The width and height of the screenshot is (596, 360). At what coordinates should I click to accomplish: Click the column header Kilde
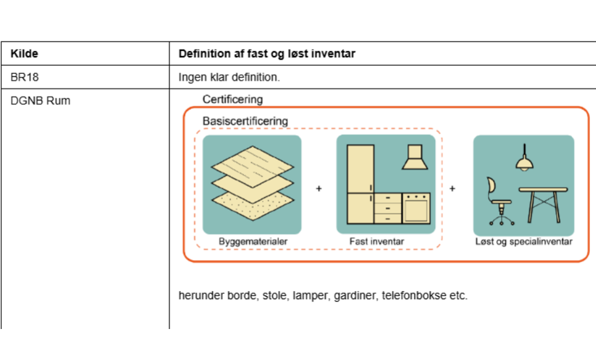[x=24, y=54]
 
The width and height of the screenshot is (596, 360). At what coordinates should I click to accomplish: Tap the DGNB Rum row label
[x=40, y=101]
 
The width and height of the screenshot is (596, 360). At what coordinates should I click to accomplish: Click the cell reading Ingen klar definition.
[x=229, y=78]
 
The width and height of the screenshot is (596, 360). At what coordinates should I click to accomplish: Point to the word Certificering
[x=232, y=99]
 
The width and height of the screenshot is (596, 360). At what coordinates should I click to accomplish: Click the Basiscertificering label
[x=245, y=120]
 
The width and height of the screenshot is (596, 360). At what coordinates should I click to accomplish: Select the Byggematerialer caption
[x=253, y=241]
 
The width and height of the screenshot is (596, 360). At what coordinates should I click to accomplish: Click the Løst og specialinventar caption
[x=523, y=241]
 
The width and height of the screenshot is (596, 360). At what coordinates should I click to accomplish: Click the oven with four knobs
[x=416, y=209]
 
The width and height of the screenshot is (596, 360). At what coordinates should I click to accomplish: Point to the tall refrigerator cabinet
[x=360, y=184]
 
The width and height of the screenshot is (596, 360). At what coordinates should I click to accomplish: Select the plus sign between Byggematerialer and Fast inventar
[x=319, y=188]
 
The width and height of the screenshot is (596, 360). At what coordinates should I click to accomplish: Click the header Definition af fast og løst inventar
[x=267, y=54]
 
